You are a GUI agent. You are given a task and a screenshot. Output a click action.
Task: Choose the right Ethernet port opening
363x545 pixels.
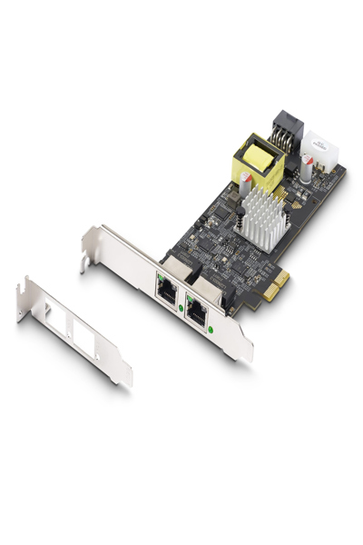click(x=198, y=305)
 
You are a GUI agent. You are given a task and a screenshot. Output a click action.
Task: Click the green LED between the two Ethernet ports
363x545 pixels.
click(x=181, y=309)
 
